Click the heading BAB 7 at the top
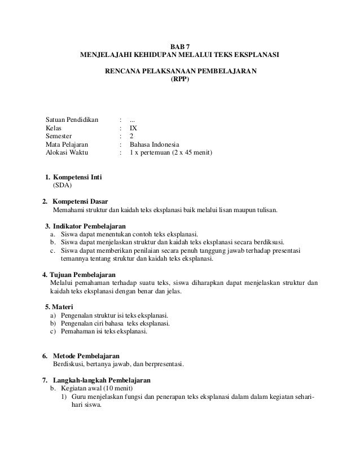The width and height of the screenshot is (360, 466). (180, 47)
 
